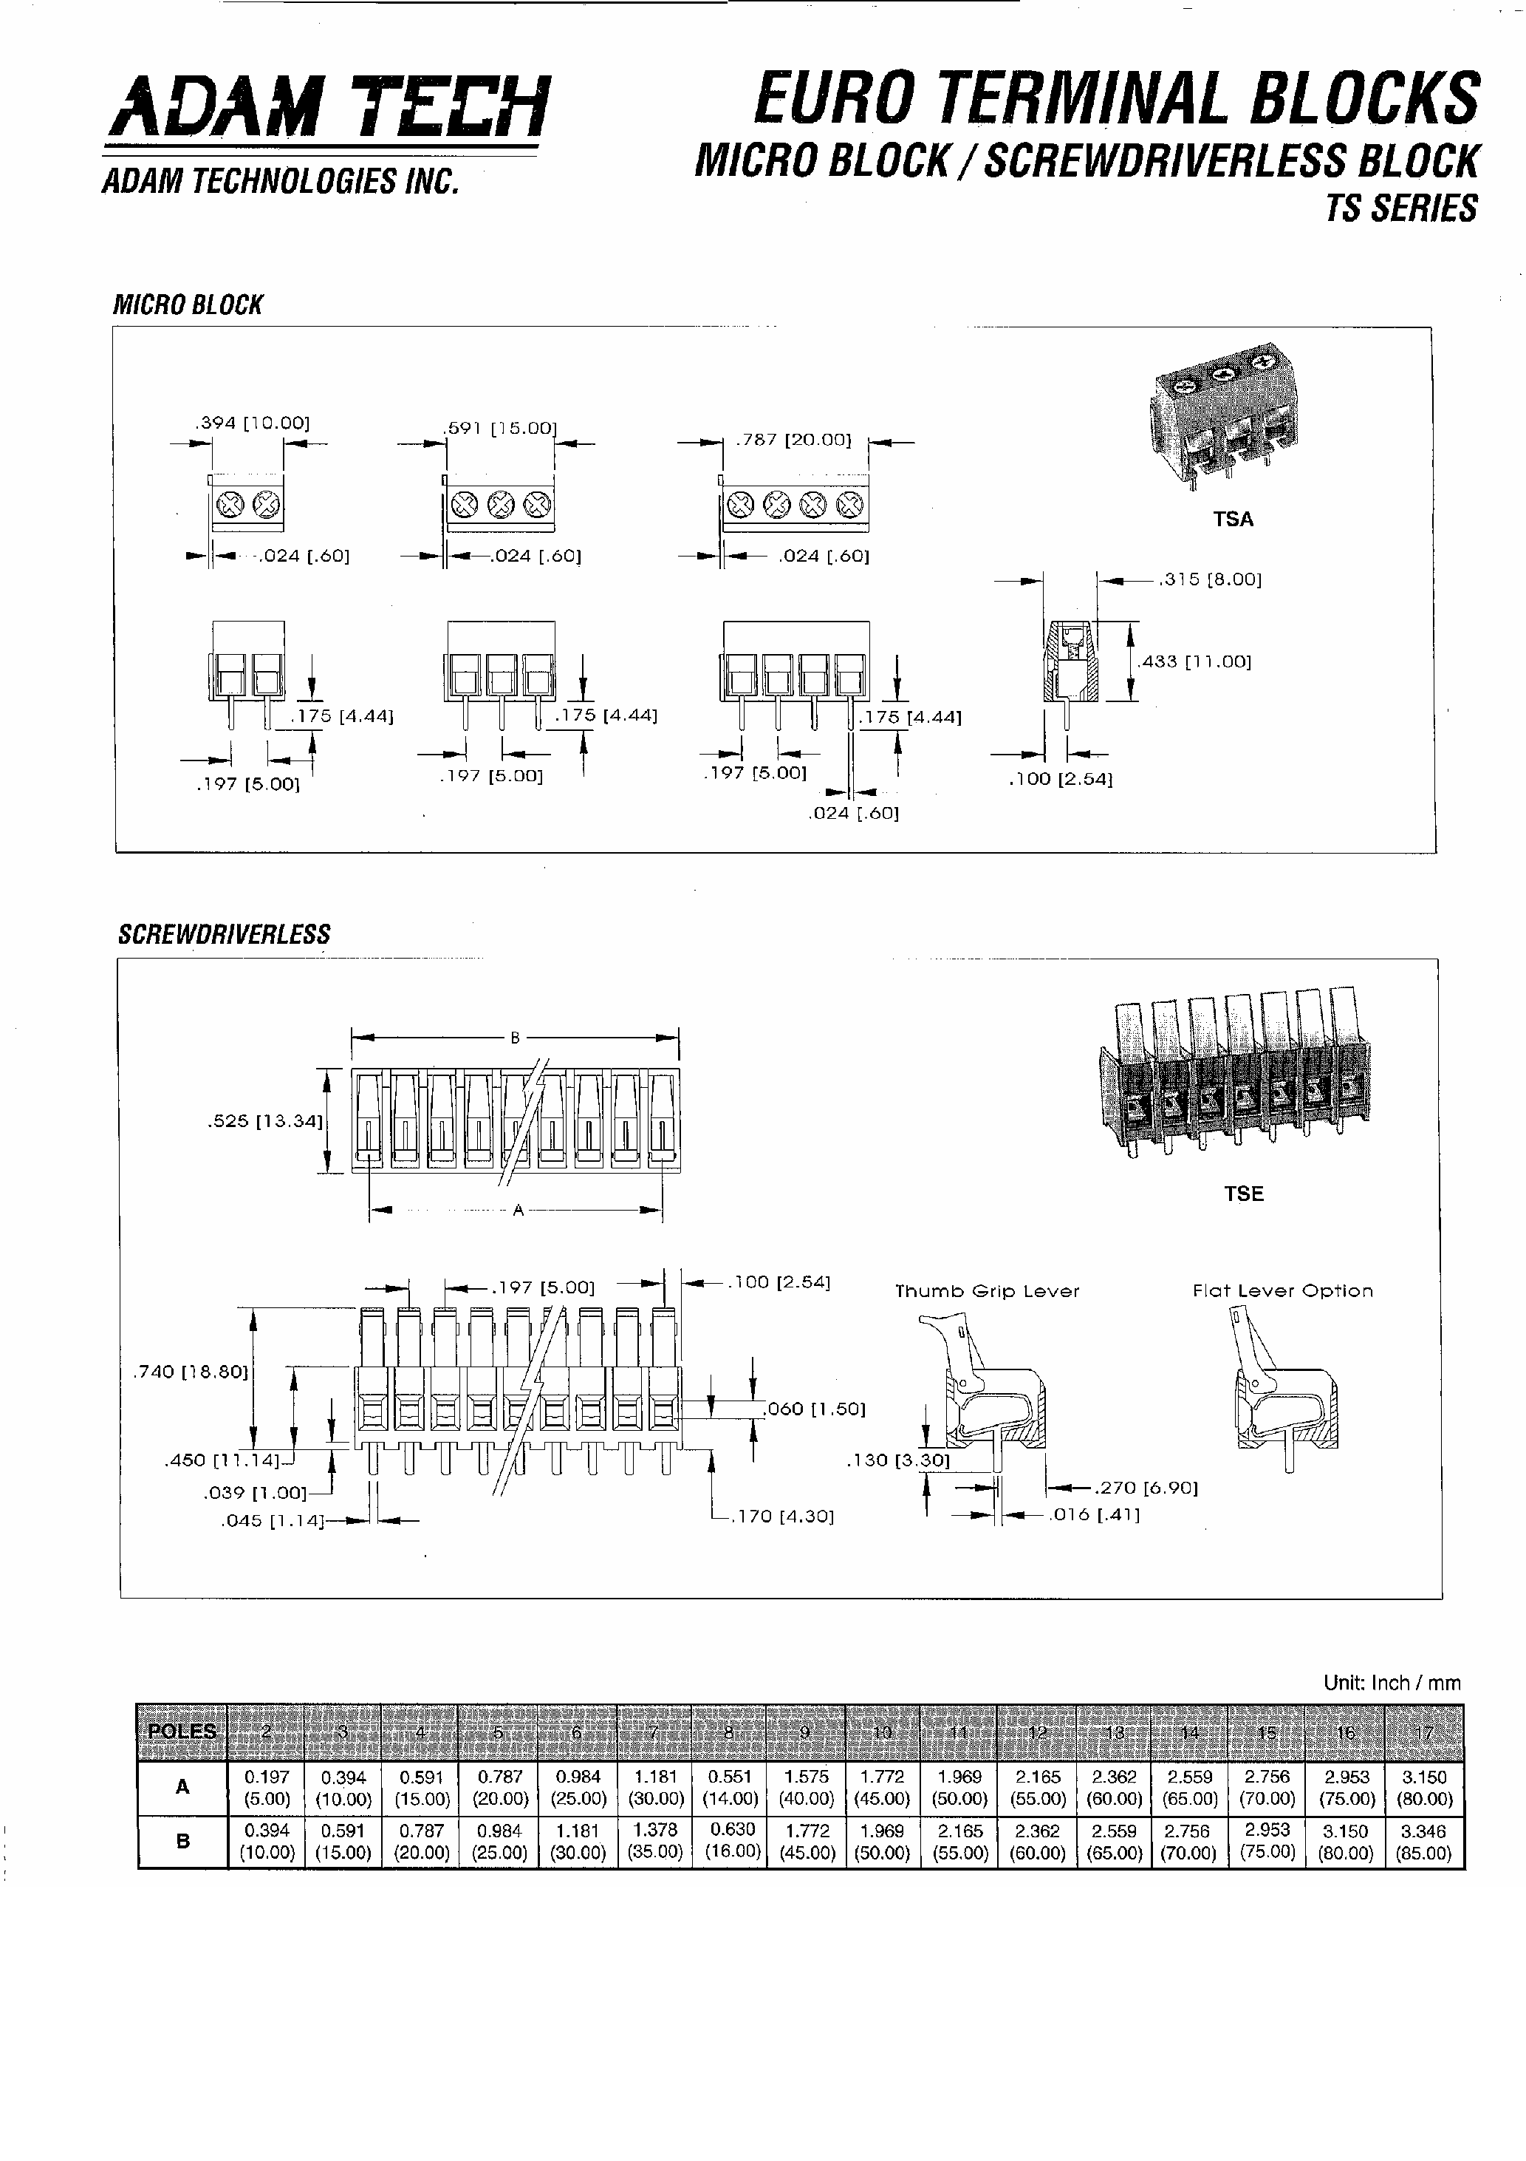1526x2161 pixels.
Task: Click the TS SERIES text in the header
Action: pyautogui.click(x=1401, y=208)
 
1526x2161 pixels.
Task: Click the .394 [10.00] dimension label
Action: pyautogui.click(x=252, y=423)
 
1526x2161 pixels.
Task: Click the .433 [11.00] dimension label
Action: pyautogui.click(x=1195, y=661)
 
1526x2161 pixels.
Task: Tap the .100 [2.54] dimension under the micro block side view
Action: pyautogui.click(x=1061, y=779)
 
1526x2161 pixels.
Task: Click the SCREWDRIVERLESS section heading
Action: pyautogui.click(x=224, y=935)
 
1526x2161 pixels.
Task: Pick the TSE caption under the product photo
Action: pyautogui.click(x=1243, y=1194)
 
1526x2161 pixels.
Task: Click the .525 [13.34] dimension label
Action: pyautogui.click(x=264, y=1121)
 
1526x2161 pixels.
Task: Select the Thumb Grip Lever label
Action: pyautogui.click(x=987, y=1291)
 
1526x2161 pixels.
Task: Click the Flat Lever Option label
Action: pyautogui.click(x=1282, y=1291)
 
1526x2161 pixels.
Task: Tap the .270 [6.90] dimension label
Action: pyautogui.click(x=1145, y=1488)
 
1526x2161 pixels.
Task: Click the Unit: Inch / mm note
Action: pyautogui.click(x=1392, y=1683)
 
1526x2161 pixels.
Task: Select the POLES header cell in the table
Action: pyautogui.click(x=182, y=1732)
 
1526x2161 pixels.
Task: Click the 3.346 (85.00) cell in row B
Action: pyautogui.click(x=1423, y=1842)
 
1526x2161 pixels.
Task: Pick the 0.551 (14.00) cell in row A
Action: pyautogui.click(x=729, y=1787)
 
